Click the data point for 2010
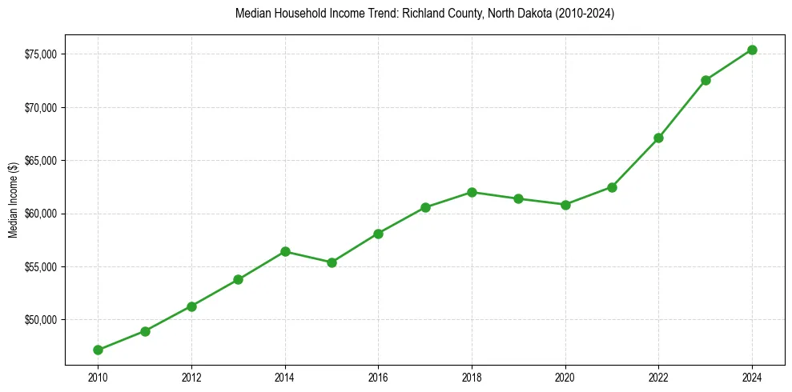click(x=98, y=350)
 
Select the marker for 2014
click(x=285, y=251)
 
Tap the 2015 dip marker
click(x=332, y=262)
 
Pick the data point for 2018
click(x=472, y=192)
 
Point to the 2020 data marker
click(x=565, y=204)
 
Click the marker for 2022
click(x=658, y=138)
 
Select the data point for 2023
click(x=706, y=80)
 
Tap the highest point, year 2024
click(x=752, y=50)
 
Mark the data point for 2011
click(x=145, y=331)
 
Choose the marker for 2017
click(x=425, y=207)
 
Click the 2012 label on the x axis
click(x=191, y=376)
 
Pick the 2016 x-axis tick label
click(x=378, y=376)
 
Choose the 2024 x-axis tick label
click(x=752, y=376)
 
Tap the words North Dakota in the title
click(x=501, y=14)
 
